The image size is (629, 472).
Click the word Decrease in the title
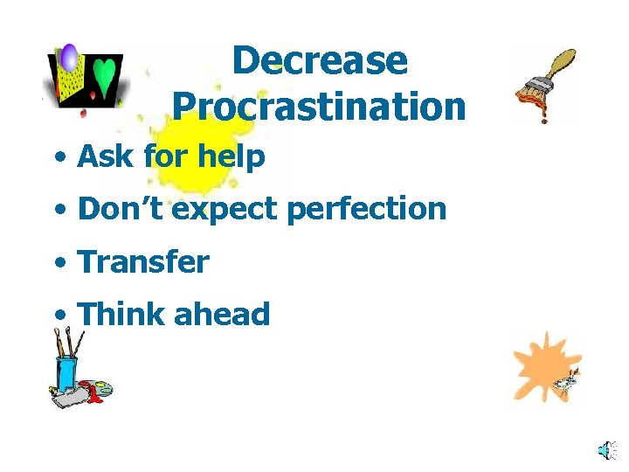click(x=320, y=60)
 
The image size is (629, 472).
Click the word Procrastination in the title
click(x=319, y=107)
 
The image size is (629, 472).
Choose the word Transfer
click(x=143, y=261)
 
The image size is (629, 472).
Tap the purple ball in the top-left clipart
click(x=69, y=57)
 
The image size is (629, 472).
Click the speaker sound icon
click(x=605, y=450)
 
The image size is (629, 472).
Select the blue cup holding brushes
click(x=66, y=372)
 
